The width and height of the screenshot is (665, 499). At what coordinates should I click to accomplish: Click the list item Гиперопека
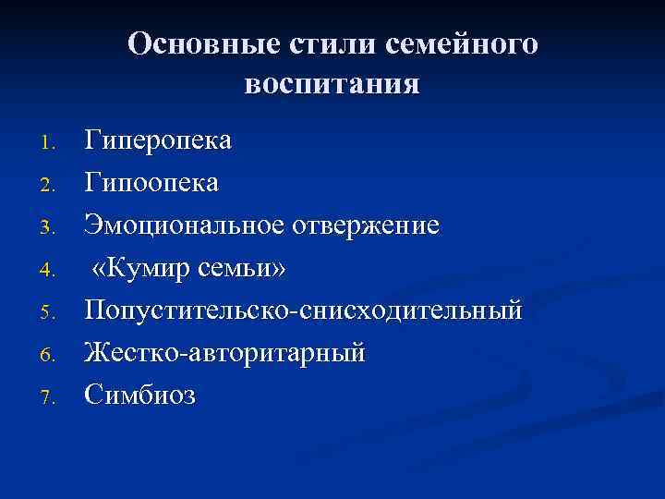coord(158,140)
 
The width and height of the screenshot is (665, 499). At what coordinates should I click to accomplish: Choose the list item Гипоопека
coord(151,183)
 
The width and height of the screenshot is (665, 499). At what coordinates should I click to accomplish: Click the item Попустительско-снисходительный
coord(303,310)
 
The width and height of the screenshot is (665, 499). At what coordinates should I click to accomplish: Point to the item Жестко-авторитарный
coord(224,353)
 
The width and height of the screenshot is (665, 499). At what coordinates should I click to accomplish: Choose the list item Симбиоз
coord(140,396)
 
